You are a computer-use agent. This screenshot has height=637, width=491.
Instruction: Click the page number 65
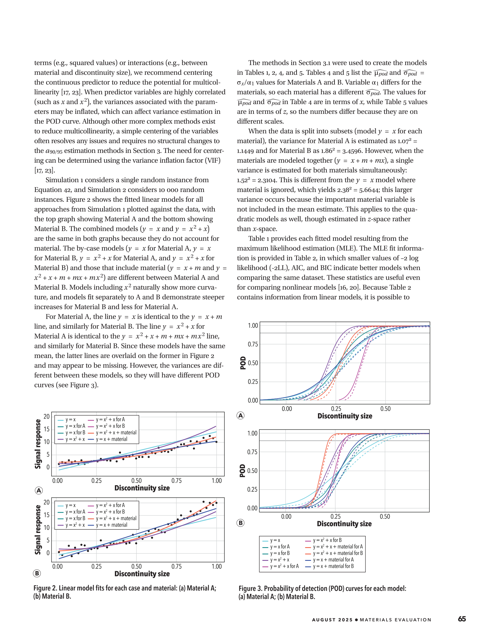click(462, 619)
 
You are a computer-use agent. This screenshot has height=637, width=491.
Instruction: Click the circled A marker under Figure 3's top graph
click(240, 416)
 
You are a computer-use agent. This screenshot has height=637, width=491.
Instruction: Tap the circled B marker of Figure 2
click(37, 573)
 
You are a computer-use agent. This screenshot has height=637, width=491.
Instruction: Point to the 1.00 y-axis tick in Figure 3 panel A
click(253, 326)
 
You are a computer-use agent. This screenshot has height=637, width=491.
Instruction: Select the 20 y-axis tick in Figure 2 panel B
click(46, 502)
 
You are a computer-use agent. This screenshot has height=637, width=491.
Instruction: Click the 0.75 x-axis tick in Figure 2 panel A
click(176, 481)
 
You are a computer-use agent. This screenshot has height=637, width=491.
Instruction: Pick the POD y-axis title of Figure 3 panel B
click(242, 471)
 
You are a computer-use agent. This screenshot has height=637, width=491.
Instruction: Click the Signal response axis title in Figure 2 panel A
click(38, 444)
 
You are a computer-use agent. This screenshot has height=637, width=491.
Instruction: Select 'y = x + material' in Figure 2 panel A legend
click(111, 439)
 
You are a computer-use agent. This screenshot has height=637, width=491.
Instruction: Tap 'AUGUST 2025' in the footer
click(332, 620)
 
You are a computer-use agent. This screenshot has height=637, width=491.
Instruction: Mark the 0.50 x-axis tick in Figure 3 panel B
click(385, 516)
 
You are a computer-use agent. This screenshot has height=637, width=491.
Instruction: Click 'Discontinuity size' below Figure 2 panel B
click(142, 574)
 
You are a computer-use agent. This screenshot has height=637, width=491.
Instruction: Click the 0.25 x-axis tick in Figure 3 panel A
click(336, 409)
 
